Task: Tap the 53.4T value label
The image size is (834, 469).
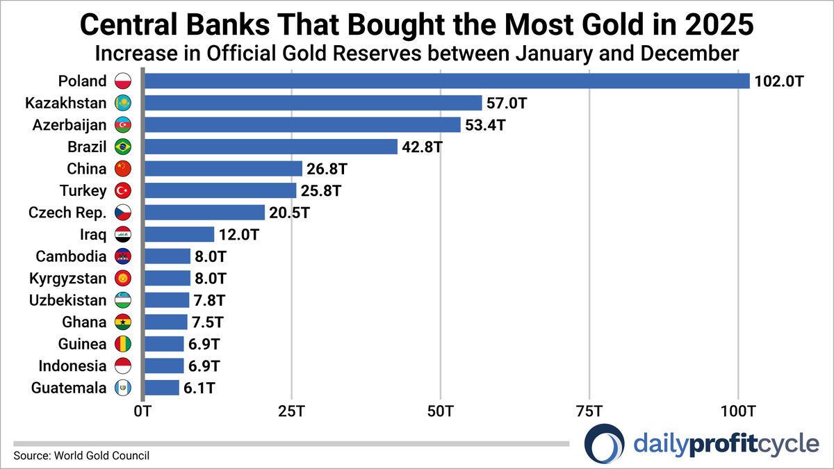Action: click(485, 125)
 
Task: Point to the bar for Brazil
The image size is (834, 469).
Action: click(270, 147)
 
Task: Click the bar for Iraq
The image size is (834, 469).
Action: click(179, 234)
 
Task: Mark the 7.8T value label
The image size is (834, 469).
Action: click(209, 300)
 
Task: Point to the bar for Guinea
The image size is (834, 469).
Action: click(164, 344)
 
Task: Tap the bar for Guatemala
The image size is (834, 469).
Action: click(161, 388)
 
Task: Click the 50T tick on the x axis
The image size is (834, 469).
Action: click(441, 412)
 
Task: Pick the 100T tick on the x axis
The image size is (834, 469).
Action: click(738, 412)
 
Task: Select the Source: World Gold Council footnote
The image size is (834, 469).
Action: click(81, 456)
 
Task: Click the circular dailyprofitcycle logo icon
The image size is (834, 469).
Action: click(604, 443)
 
